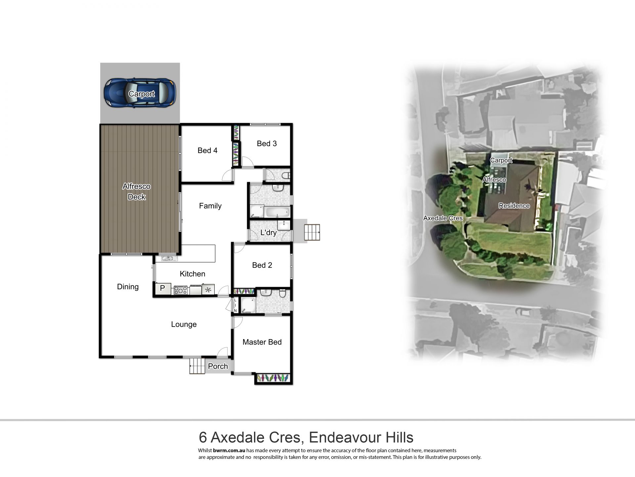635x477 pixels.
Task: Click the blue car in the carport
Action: coord(140,93)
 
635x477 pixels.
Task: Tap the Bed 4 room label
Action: coord(207,150)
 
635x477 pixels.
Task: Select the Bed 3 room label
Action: coord(267,143)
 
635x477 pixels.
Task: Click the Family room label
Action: coord(210,206)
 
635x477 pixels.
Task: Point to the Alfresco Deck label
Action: coord(137,192)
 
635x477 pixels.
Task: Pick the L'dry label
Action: coord(268,233)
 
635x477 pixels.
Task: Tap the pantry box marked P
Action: coord(162,289)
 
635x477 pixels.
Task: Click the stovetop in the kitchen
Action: coord(181,290)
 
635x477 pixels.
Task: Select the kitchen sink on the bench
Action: coord(169,258)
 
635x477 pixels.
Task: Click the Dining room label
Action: coord(128,287)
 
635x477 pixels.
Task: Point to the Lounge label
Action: coord(184,325)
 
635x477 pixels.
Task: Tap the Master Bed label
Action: coord(262,342)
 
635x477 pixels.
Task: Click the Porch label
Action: coord(218,366)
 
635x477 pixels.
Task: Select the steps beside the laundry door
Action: coord(312,232)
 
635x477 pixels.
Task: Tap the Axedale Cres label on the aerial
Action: coord(443,218)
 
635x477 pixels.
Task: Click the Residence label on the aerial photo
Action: coord(514,206)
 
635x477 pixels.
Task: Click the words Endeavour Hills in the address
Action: coord(361,438)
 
